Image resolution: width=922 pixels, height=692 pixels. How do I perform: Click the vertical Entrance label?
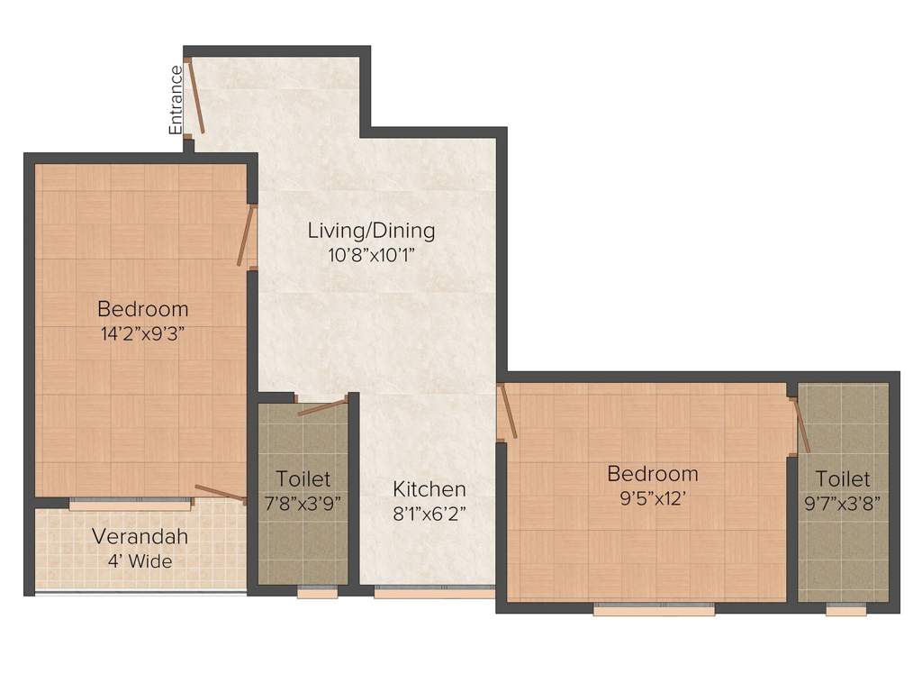[176, 99]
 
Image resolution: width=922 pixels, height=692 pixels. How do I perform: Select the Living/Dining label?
[371, 231]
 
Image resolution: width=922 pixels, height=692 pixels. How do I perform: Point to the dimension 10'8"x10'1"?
[371, 254]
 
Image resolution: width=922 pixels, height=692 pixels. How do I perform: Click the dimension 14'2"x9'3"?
[143, 332]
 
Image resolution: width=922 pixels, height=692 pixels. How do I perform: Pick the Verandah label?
[140, 537]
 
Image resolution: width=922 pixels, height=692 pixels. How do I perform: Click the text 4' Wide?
[140, 561]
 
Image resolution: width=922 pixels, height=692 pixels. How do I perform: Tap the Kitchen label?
[429, 489]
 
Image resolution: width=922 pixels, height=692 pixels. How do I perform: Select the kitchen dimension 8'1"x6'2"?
[429, 514]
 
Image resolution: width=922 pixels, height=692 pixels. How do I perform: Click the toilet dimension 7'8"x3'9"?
[303, 503]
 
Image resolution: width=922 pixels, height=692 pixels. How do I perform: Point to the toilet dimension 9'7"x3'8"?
[844, 503]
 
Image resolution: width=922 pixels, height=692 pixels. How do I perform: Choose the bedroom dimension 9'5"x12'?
[652, 497]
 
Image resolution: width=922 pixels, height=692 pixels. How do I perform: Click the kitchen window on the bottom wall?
[434, 592]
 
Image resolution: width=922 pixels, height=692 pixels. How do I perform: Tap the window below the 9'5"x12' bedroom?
[654, 609]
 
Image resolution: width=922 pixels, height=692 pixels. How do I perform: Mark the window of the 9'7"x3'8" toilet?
[845, 609]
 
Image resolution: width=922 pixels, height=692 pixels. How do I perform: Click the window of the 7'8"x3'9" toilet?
[317, 592]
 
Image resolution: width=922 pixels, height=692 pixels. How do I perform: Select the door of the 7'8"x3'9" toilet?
[322, 406]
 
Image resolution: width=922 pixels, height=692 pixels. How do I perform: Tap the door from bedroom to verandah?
[220, 492]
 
